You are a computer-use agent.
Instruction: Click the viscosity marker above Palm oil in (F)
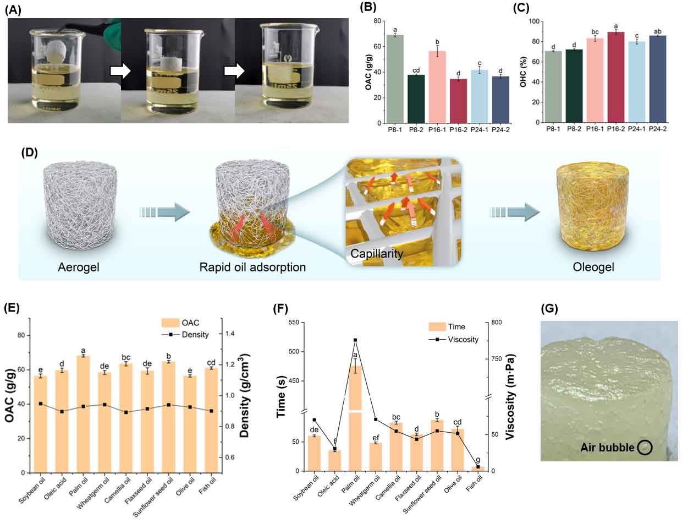click(x=356, y=340)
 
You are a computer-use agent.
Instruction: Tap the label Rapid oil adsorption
click(x=253, y=268)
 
